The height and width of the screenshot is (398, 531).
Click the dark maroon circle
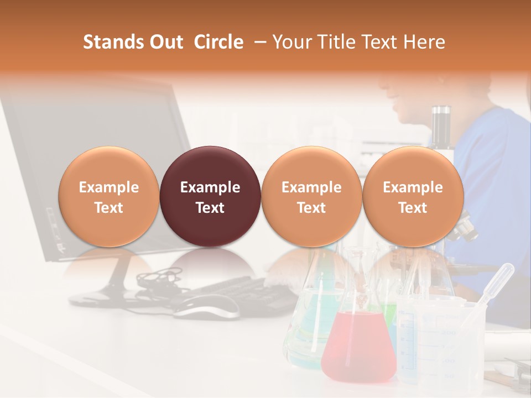[x=210, y=197]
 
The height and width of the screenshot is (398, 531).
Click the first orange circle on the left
[x=108, y=197]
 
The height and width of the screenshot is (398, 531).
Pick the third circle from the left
[x=311, y=197]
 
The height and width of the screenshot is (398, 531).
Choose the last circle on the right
[x=413, y=197]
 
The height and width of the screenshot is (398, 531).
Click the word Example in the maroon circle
[x=210, y=187]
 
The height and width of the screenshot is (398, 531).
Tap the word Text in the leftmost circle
[x=108, y=208]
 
